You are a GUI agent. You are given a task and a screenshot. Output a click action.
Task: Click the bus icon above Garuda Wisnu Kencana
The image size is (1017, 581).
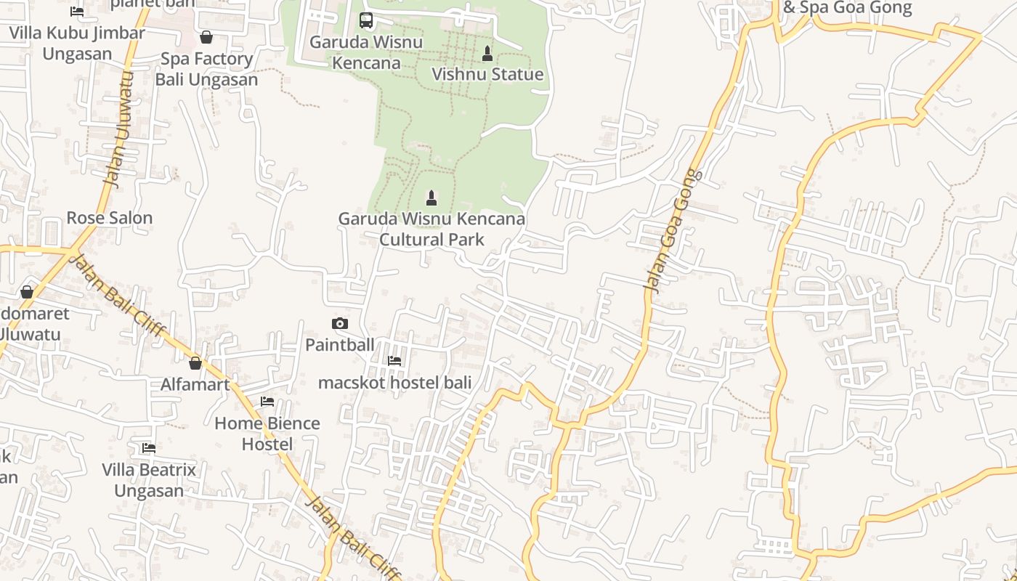point(366,20)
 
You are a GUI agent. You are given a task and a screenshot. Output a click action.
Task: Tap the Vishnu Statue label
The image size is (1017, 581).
point(487,74)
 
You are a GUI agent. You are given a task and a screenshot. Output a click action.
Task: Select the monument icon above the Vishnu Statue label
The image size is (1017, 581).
point(487,54)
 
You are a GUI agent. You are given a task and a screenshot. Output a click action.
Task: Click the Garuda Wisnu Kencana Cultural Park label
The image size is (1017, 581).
point(431,229)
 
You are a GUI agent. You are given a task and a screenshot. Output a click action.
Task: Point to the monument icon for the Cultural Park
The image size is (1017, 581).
point(431,198)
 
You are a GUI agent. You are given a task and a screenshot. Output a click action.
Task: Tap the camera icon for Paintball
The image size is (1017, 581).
point(339,324)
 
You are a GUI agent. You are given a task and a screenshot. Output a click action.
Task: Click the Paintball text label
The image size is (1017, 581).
point(339,344)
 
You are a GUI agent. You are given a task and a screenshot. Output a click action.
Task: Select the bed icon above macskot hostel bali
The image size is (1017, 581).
point(394,361)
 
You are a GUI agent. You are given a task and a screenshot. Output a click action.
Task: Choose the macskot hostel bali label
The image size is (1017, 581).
point(394,382)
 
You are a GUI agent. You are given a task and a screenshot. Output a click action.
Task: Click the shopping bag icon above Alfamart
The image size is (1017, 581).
point(195,363)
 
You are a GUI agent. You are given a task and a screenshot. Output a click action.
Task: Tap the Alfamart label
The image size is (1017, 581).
point(195,384)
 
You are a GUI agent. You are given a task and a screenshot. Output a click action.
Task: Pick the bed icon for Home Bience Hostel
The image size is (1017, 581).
point(267,402)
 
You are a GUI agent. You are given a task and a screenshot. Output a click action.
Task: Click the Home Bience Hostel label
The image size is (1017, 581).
point(267,434)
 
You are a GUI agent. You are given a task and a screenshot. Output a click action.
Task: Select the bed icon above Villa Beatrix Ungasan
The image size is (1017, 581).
point(149,448)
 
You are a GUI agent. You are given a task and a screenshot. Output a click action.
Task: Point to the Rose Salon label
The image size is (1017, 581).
point(110,218)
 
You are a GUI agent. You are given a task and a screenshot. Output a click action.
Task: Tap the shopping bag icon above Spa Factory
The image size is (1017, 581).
point(206,37)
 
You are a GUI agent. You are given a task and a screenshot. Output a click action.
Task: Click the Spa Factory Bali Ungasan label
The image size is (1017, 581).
point(206,69)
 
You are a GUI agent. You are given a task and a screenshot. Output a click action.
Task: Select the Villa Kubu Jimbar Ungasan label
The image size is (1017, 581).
point(77,43)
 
